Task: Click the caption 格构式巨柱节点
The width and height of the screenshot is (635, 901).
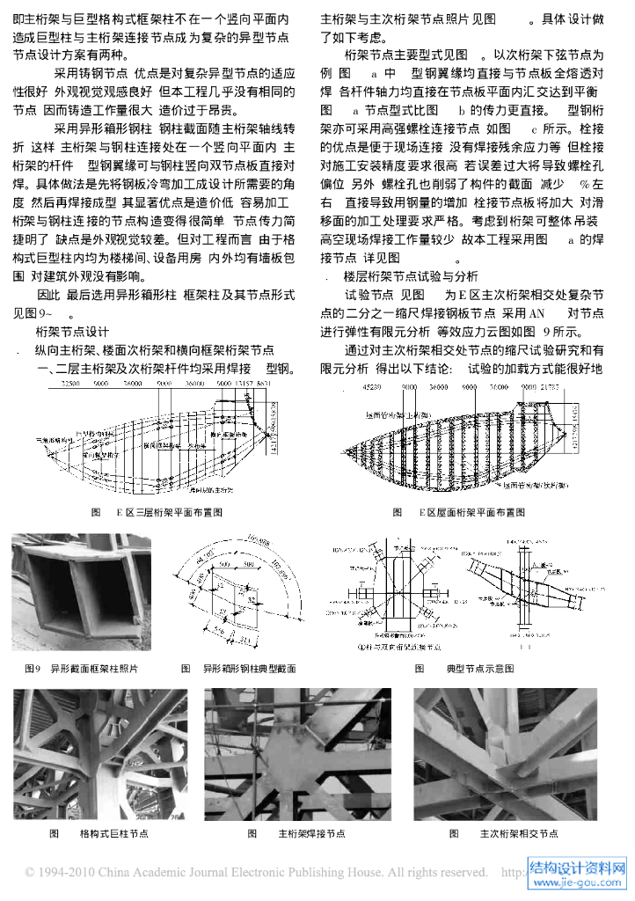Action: [x=113, y=833]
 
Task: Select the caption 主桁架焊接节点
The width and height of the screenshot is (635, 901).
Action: [x=311, y=833]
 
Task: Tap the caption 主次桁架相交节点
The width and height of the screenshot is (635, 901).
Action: [x=518, y=833]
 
